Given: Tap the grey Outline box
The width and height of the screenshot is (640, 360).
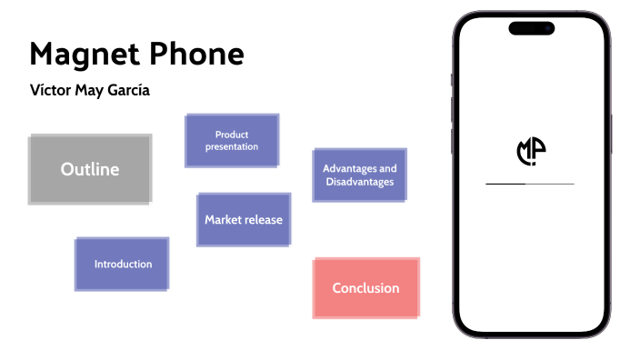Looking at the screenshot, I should click(x=89, y=169).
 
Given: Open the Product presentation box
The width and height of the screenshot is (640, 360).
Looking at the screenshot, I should click(x=232, y=140).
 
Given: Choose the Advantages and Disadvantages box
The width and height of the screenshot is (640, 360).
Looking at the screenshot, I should click(x=359, y=175).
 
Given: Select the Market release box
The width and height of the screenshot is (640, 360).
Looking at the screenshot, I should click(x=244, y=219).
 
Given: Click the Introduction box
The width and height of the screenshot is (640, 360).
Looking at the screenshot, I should click(x=123, y=264).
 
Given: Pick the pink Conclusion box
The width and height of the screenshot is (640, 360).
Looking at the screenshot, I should click(x=365, y=288).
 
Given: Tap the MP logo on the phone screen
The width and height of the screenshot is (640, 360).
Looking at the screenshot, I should click(x=531, y=152).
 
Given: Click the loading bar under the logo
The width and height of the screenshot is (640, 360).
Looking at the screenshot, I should click(x=530, y=184).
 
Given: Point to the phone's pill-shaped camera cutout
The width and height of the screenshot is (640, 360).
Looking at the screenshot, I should click(x=531, y=28).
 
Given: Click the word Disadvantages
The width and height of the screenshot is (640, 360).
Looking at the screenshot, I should click(x=359, y=182).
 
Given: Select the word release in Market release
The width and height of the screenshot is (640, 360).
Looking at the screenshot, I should click(x=264, y=219).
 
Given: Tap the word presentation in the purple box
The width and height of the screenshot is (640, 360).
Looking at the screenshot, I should click(x=232, y=146).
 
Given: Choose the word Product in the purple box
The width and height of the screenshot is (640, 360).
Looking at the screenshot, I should click(x=232, y=134).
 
